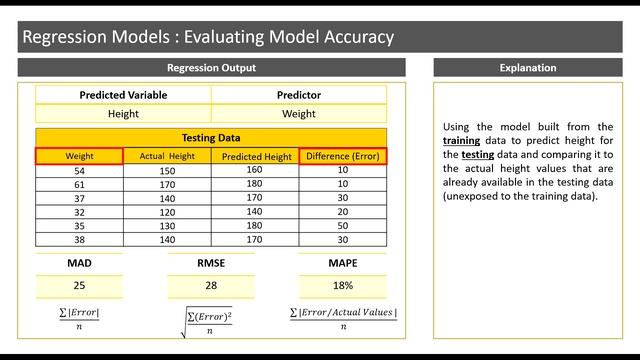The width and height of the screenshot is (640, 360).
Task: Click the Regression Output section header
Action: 211,68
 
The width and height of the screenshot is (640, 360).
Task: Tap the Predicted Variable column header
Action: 123,95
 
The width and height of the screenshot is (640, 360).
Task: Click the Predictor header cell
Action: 298,95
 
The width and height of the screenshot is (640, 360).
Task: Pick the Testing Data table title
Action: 211,138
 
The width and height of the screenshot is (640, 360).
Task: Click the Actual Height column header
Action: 167,156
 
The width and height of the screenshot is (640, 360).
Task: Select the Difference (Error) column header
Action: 342,156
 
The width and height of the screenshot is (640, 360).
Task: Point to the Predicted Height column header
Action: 256,157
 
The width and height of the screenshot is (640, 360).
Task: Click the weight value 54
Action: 79,170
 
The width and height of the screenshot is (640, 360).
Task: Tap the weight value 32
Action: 79,212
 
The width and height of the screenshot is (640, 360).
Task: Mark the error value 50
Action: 342,226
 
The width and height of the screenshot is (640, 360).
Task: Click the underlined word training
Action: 462,141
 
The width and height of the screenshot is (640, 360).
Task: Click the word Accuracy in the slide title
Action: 350,38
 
